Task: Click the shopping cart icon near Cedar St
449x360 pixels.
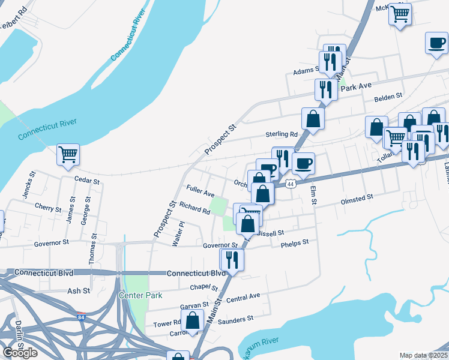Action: coord(68,154)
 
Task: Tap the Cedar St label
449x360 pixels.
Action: coord(85,179)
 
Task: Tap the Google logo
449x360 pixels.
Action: coord(20,353)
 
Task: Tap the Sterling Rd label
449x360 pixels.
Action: coord(282,134)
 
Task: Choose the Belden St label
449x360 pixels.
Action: coord(388,97)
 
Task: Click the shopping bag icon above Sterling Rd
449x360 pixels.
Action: coord(313,118)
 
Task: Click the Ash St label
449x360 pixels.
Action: coord(79,290)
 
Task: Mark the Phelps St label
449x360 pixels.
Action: coord(294,243)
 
